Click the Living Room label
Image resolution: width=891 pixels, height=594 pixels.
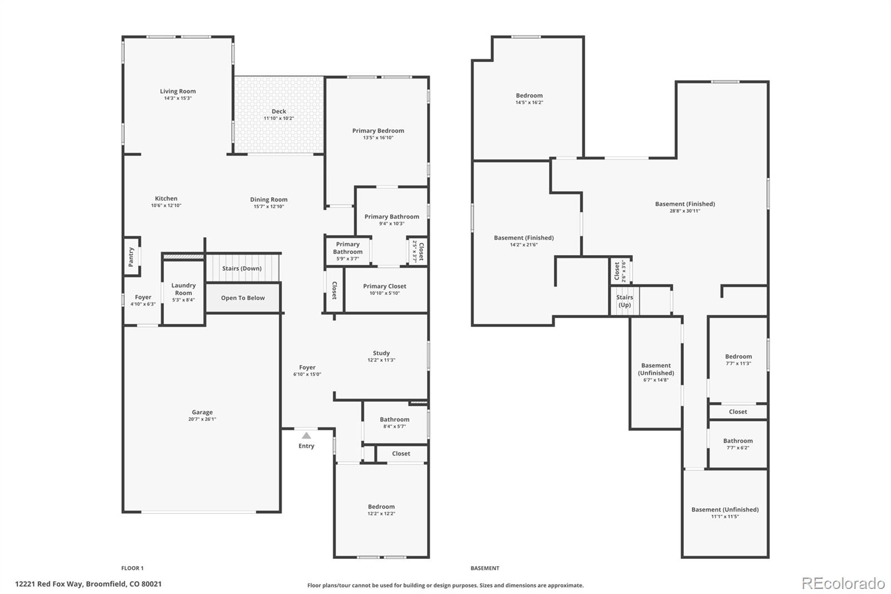pos(178,91)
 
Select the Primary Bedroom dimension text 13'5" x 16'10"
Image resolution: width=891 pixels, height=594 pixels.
pos(378,138)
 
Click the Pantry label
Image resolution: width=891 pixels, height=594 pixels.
pos(131,256)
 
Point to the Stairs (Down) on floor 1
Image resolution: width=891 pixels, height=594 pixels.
pos(242,269)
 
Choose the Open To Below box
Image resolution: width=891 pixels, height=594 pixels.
pos(243,298)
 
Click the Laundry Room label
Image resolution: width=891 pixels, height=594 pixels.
pos(183,289)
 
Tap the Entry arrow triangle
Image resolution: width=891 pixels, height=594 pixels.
pos(306,436)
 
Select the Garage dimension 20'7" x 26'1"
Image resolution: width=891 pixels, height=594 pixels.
pos(202,419)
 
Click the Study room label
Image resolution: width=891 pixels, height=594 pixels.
pos(381,353)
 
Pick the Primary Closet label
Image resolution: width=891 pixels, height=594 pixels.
pos(384,286)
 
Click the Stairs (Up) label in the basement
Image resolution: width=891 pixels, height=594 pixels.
pos(624,301)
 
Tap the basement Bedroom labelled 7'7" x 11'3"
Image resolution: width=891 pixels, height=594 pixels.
pos(738,359)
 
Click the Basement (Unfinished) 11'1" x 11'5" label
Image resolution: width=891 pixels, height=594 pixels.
pos(725,509)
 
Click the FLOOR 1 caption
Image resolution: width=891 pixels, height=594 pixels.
pos(133,568)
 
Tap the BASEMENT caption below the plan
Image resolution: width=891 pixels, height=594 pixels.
pos(484,568)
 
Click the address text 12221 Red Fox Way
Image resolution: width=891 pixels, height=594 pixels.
pos(89,584)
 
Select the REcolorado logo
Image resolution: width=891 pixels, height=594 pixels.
pos(843,583)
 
